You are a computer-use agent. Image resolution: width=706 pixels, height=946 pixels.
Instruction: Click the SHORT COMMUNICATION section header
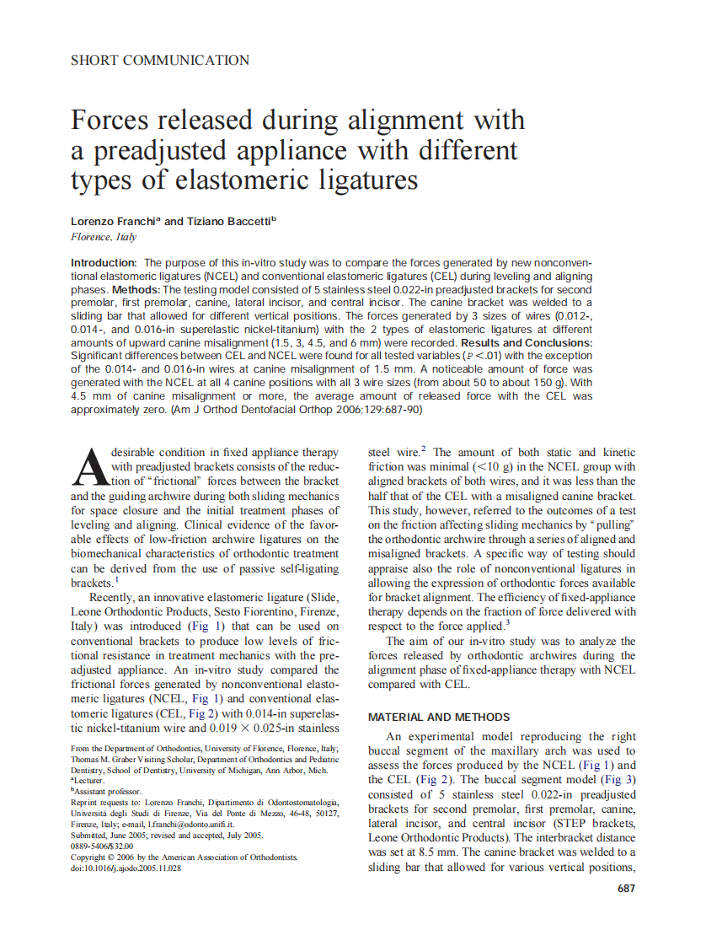pos(160,61)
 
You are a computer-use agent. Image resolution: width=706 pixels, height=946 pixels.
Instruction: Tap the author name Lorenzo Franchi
pos(114,222)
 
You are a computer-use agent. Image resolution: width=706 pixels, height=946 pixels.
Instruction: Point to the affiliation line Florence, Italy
pos(103,237)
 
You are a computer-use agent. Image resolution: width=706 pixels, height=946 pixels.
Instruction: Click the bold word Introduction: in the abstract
pos(104,263)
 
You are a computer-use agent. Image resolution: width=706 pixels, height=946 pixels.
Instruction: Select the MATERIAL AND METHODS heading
pos(439,718)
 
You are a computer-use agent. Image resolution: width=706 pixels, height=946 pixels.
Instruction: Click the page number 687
pos(626,888)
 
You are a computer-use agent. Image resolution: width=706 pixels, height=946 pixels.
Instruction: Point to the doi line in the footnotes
pos(126,868)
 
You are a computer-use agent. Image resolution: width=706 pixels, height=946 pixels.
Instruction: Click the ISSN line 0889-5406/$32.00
pos(104,847)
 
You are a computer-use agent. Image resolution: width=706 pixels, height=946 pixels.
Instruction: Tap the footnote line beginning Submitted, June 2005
pos(167,836)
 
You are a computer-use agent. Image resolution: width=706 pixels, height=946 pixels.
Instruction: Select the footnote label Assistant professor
pos(108,792)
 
